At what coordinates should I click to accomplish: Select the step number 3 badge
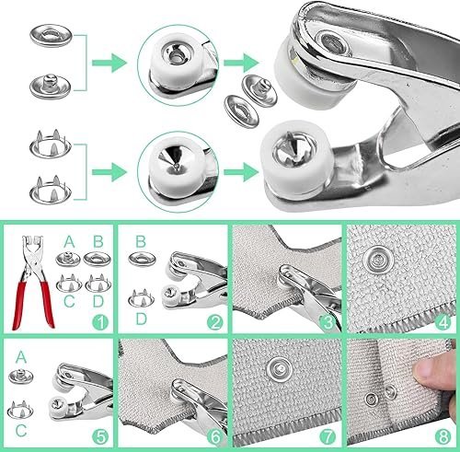327,323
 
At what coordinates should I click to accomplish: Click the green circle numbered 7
327,436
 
